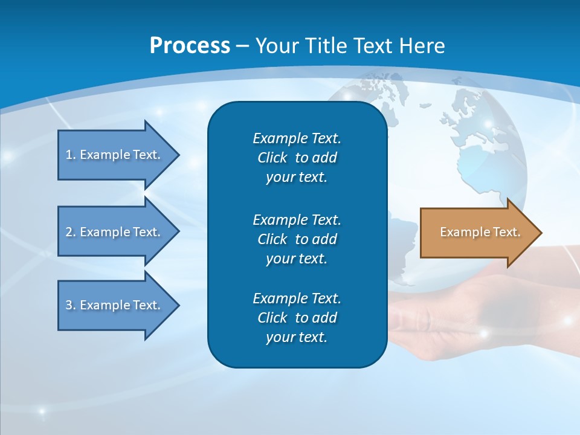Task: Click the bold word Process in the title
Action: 190,46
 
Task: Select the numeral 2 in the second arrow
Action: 69,232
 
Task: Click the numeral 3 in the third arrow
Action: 69,305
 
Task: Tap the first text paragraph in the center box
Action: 297,158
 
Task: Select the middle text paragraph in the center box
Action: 297,239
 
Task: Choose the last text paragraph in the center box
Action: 297,318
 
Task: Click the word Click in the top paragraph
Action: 272,158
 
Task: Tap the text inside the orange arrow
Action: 480,232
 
